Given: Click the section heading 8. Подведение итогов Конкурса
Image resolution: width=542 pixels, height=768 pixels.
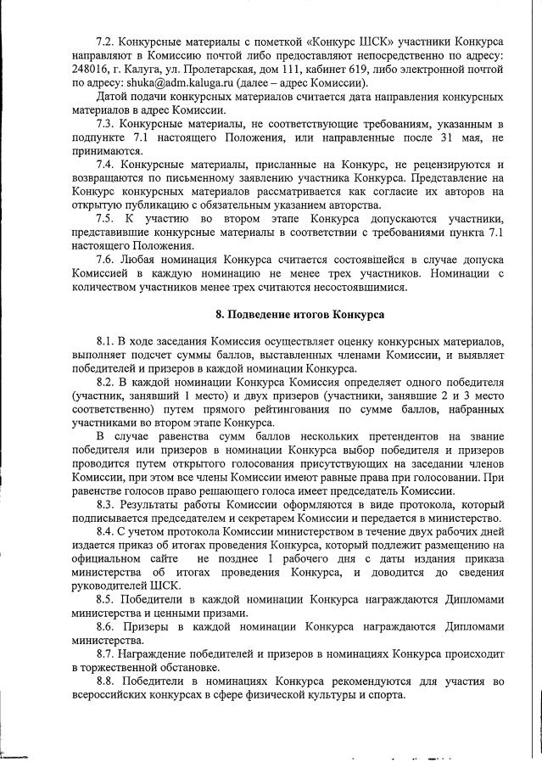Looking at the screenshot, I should coord(300,315).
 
